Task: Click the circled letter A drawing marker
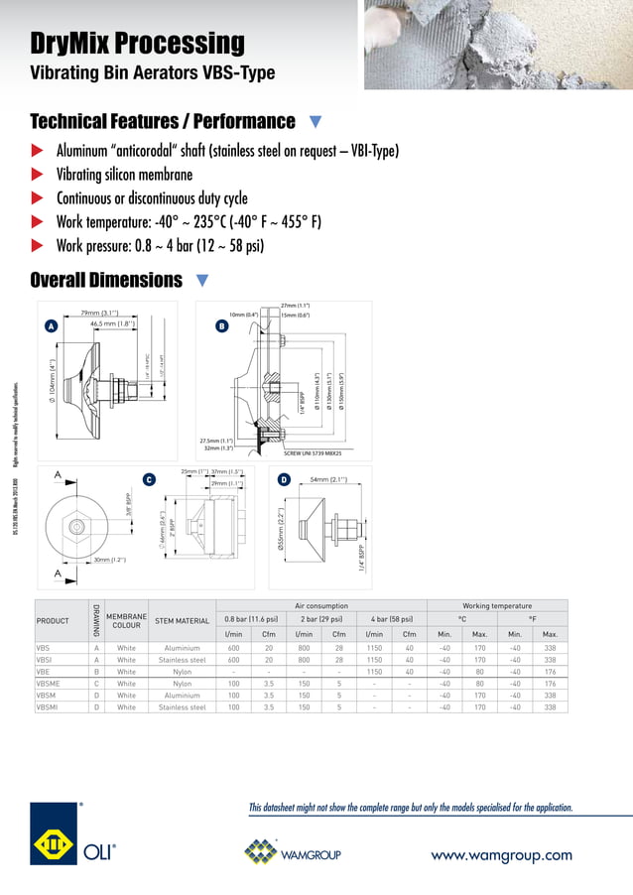pyautogui.click(x=51, y=325)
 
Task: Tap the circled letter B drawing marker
pyautogui.click(x=221, y=325)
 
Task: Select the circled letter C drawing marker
pyautogui.click(x=149, y=480)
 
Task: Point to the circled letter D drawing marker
pyautogui.click(x=283, y=480)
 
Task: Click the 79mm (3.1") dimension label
pyautogui.click(x=100, y=314)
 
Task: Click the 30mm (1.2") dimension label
pyautogui.click(x=110, y=560)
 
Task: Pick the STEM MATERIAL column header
pyautogui.click(x=183, y=621)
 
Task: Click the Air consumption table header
pyautogui.click(x=321, y=605)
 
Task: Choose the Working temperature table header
pyautogui.click(x=497, y=605)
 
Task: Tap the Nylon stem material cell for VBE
pyautogui.click(x=183, y=672)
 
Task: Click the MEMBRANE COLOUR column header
pyautogui.click(x=126, y=621)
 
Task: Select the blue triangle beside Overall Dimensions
pyautogui.click(x=202, y=281)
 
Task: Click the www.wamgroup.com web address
pyautogui.click(x=500, y=854)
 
